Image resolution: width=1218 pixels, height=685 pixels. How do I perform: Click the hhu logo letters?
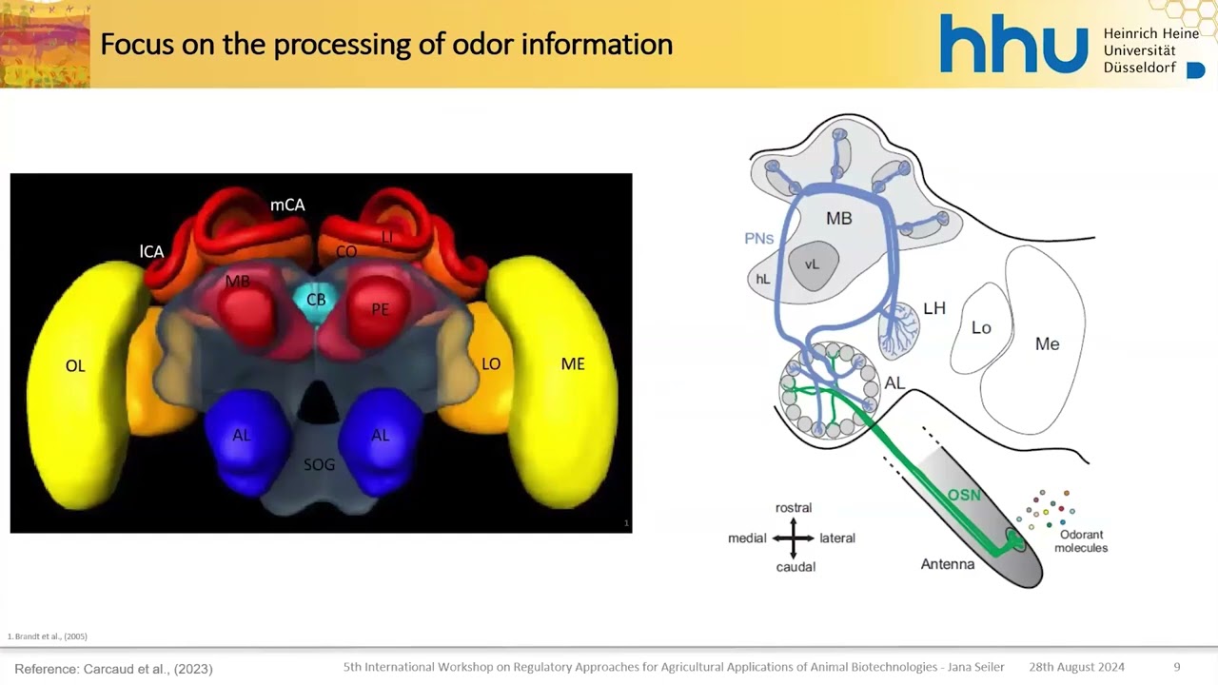pos(1013,46)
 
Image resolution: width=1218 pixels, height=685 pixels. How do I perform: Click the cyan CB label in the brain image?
pos(316,300)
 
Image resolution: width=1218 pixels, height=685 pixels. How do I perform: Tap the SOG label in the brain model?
pos(320,464)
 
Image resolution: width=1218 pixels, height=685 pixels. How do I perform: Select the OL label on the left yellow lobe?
pos(75,366)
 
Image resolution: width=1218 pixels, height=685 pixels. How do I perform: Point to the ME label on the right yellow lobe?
pos(573,364)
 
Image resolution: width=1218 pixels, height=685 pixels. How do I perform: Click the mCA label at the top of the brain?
pos(287,205)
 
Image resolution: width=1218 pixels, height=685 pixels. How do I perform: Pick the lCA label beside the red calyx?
pos(151,252)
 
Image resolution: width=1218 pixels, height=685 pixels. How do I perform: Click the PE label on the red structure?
pos(381,310)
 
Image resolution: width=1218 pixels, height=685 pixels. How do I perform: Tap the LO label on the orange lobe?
pos(491,364)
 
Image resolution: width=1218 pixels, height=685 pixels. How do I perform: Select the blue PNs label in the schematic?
pos(759,239)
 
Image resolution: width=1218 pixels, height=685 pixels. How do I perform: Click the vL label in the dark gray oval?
pos(812,264)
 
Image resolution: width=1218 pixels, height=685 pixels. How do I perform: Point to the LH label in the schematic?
pos(934,308)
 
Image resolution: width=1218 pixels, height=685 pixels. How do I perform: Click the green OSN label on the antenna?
pos(963,496)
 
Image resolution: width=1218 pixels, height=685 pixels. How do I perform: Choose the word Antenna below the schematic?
pos(948,564)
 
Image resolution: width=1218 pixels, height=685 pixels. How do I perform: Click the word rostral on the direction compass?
pos(794,508)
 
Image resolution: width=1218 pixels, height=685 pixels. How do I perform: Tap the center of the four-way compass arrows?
pos(794,538)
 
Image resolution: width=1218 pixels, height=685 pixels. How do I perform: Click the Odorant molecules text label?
pos(1081,541)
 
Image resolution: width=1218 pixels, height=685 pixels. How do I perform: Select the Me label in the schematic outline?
pos(1047,344)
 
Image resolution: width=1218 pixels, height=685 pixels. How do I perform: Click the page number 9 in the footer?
pos(1177,667)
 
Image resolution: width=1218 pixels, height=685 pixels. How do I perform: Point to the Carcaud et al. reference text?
pos(113,669)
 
